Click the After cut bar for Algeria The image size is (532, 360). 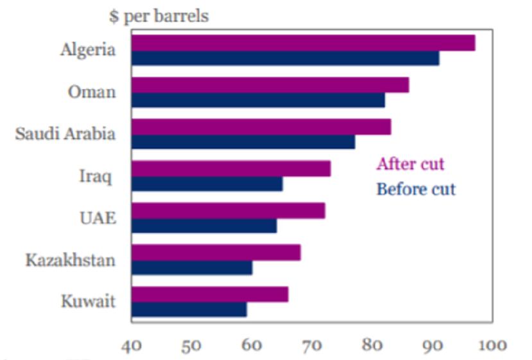(x=303, y=43)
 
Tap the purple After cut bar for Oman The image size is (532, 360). (x=270, y=85)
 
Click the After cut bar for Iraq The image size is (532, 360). (x=230, y=169)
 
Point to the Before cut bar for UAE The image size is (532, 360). (x=203, y=226)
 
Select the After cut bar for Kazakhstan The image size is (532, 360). (x=216, y=252)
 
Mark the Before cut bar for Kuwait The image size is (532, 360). (x=189, y=309)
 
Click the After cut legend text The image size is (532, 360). (x=410, y=164)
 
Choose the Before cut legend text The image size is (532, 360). (x=416, y=189)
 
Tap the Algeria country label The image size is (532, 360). (x=88, y=50)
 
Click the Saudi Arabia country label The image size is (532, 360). (x=65, y=134)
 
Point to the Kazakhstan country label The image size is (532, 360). (x=71, y=260)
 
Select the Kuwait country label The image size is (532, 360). (x=89, y=301)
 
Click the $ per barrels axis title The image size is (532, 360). (x=159, y=16)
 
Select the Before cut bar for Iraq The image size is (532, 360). (x=207, y=184)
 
